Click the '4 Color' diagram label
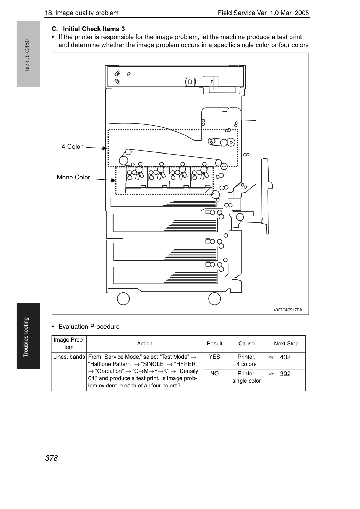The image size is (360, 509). tap(72, 147)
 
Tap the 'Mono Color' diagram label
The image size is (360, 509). tap(73, 177)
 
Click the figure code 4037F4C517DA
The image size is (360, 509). tap(288, 310)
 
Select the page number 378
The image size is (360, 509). tap(52, 458)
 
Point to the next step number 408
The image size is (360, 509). tap(285, 357)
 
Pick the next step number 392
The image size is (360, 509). tap(285, 374)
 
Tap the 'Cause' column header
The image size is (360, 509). tap(246, 344)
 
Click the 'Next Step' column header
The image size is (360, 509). tap(286, 344)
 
